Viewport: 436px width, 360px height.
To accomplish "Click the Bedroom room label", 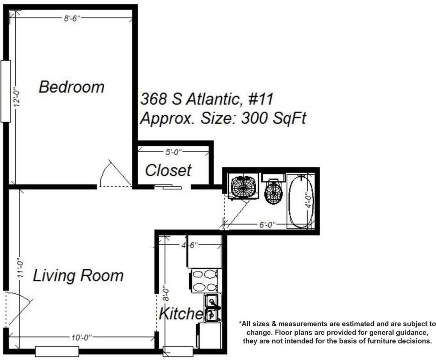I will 71,87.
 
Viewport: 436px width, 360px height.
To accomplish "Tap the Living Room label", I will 78,276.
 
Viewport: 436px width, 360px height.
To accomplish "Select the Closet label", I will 168,170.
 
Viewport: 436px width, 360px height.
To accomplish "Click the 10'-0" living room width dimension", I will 81,337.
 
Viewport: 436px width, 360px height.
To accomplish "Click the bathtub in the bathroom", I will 300,201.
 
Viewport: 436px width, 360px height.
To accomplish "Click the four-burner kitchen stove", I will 205,280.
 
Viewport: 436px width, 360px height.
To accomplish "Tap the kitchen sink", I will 212,308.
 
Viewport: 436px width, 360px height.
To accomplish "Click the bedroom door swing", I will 114,174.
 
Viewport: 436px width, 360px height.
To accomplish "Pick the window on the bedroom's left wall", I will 6,91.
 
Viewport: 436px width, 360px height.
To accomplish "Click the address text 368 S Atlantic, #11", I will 206,99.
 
